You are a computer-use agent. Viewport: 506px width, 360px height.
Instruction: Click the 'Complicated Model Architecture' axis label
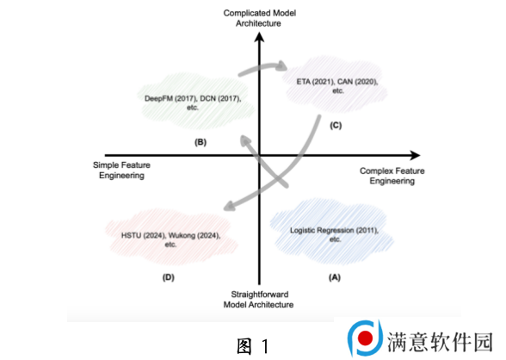260,18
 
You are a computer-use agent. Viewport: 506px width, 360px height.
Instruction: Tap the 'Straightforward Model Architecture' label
259,300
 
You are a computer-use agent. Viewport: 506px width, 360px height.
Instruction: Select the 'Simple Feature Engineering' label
121,171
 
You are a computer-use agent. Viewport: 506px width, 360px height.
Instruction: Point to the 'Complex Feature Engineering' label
392,176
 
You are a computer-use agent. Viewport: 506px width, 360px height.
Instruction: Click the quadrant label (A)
335,277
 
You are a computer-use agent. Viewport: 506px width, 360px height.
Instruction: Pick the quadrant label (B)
201,142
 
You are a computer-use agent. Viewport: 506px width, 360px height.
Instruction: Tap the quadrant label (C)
336,125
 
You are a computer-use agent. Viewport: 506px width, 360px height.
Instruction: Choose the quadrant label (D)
169,277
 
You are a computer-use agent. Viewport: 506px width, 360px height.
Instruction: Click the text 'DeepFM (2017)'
170,98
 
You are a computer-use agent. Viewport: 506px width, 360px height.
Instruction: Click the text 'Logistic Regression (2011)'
334,231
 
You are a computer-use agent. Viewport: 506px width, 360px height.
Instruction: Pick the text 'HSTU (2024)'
143,236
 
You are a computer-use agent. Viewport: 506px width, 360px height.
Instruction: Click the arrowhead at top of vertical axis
259,37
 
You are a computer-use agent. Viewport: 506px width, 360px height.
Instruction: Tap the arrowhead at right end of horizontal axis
416,155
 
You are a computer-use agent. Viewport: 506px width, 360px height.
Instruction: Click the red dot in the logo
365,338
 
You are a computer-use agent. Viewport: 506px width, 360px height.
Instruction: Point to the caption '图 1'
253,346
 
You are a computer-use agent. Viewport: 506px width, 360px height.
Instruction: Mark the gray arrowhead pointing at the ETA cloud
281,65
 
